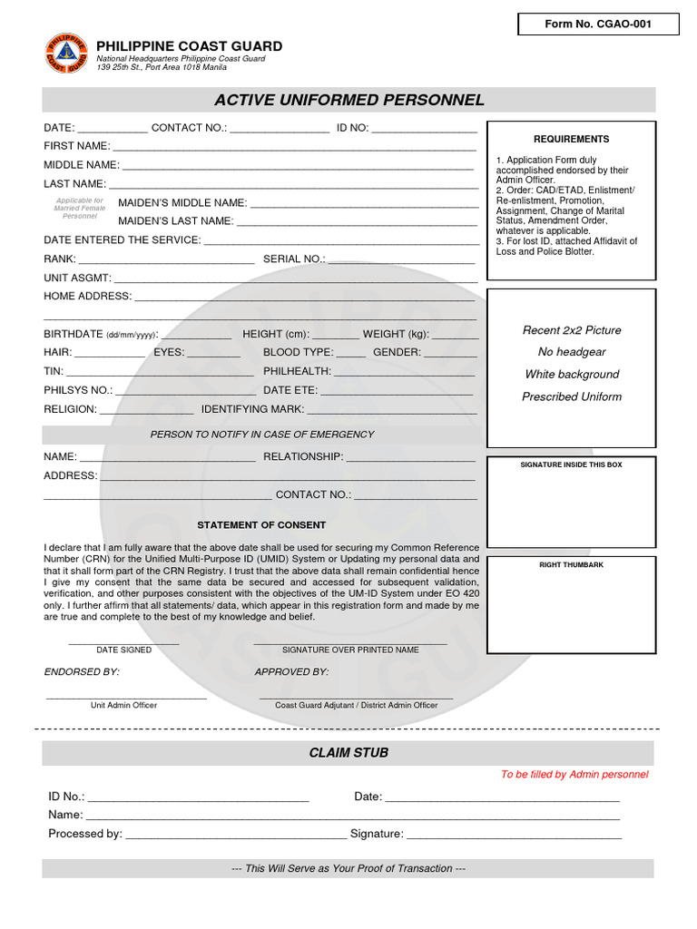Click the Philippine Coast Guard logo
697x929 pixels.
pyautogui.click(x=66, y=54)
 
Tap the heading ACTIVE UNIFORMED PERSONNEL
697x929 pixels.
pyautogui.click(x=349, y=100)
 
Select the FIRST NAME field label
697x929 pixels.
pyautogui.click(x=77, y=146)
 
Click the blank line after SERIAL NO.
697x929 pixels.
pyautogui.click(x=401, y=259)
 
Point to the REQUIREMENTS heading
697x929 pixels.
pyautogui.click(x=571, y=139)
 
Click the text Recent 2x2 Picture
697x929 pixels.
pyautogui.click(x=572, y=330)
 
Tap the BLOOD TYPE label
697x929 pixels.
pyautogui.click(x=299, y=352)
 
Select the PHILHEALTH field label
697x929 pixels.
pyautogui.click(x=298, y=371)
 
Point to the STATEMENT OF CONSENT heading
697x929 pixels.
pyautogui.click(x=261, y=525)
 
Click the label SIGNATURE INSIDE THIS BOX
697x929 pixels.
pyautogui.click(x=571, y=464)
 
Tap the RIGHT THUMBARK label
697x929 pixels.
pyautogui.click(x=571, y=564)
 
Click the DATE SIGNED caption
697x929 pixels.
pyautogui.click(x=124, y=650)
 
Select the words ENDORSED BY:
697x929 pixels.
pyautogui.click(x=82, y=672)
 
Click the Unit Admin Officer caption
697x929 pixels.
pyautogui.click(x=123, y=705)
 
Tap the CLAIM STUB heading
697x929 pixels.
pyautogui.click(x=348, y=753)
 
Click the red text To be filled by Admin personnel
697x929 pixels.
pyautogui.click(x=574, y=775)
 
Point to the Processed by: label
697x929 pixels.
pyautogui.click(x=85, y=834)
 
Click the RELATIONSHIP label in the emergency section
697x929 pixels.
pyautogui.click(x=303, y=456)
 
